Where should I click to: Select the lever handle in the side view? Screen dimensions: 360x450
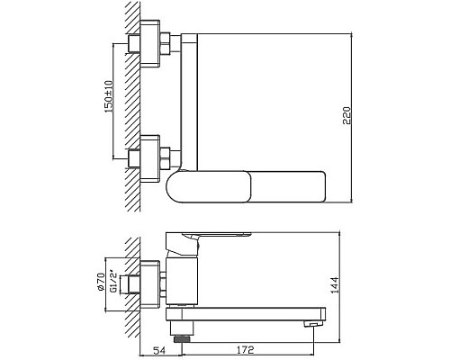[216, 237]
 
